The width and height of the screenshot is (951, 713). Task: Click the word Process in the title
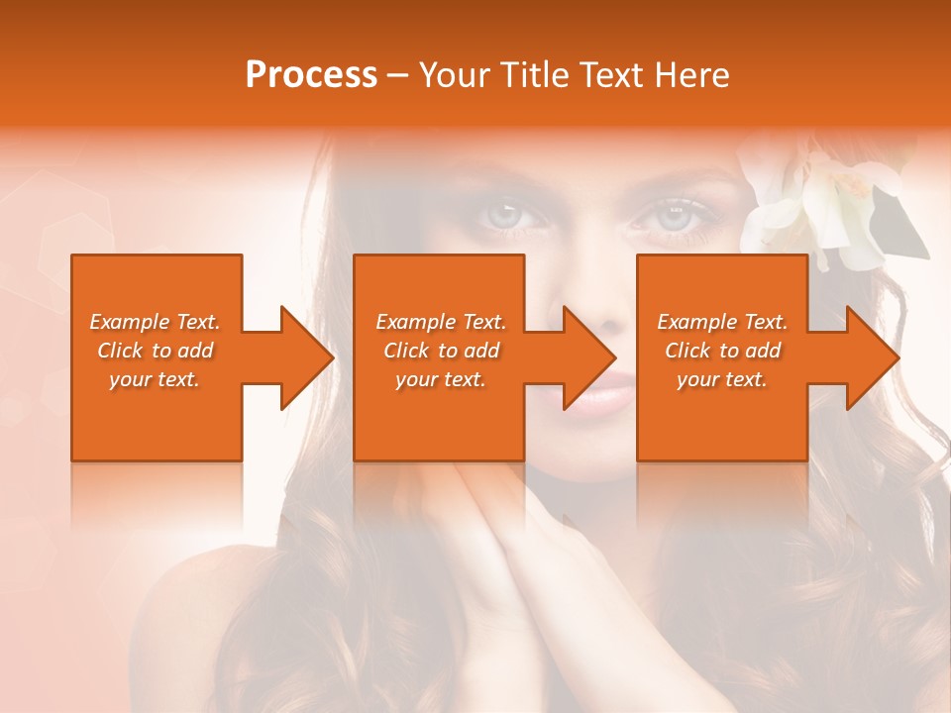(311, 75)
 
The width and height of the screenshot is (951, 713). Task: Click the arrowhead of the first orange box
(306, 357)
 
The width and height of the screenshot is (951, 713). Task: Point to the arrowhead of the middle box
(588, 357)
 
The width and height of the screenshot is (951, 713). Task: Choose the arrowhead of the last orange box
(872, 357)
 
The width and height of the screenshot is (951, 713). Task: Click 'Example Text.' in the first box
(156, 322)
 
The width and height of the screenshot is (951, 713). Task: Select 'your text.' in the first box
(156, 379)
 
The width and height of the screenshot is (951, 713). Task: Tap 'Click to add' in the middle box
(441, 351)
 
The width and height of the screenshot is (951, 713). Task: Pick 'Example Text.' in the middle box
(441, 322)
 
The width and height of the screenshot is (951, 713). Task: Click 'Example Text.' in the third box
(722, 322)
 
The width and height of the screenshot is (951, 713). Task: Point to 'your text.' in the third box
(722, 379)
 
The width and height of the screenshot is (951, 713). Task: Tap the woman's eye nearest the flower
(674, 217)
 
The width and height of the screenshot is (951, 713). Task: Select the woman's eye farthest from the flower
(506, 215)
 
